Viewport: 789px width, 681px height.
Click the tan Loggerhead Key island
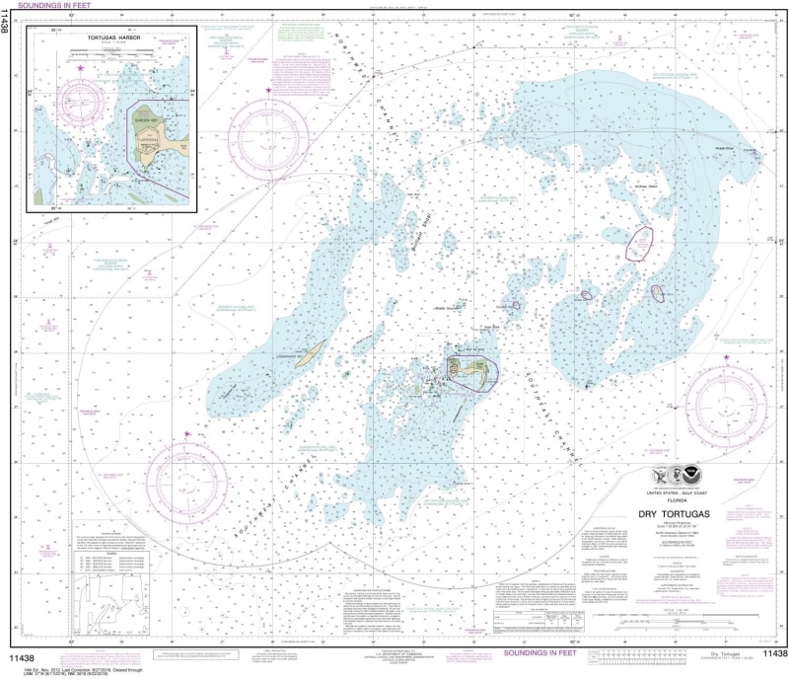[x=313, y=350]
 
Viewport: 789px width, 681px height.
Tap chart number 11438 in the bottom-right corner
[x=771, y=653]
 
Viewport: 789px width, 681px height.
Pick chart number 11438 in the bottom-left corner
[x=23, y=653]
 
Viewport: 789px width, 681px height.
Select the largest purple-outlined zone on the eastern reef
[x=641, y=242]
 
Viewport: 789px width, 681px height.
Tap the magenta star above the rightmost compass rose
[x=728, y=355]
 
